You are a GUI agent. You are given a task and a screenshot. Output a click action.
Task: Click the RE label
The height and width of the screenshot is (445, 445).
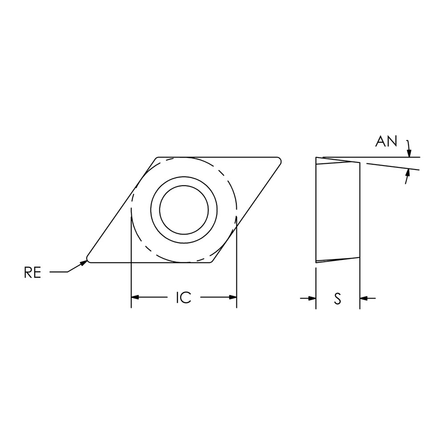[32, 272]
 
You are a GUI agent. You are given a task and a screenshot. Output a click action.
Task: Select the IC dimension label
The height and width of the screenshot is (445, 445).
[183, 298]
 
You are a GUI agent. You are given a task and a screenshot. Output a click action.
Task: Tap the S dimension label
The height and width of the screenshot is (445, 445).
[338, 299]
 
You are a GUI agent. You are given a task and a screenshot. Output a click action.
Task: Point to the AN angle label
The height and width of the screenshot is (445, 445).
[386, 142]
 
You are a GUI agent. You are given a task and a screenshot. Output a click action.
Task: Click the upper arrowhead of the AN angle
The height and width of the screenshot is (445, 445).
[409, 154]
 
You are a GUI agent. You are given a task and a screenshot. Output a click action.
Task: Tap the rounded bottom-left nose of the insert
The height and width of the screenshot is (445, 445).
[89, 259]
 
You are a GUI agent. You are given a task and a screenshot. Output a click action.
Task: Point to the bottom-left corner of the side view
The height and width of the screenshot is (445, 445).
[316, 262]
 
